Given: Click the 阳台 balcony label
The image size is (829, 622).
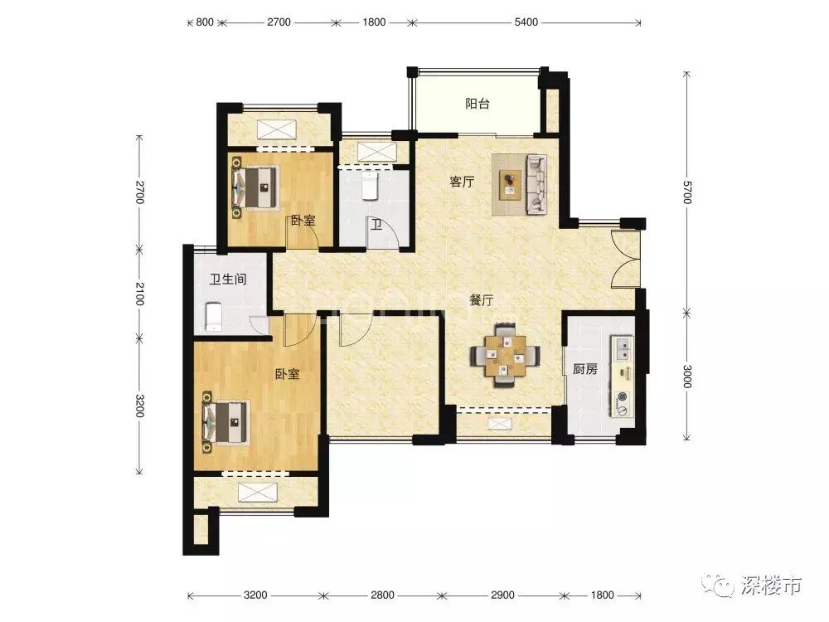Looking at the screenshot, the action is (x=477, y=103).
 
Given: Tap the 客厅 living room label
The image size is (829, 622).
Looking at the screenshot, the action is (x=462, y=182).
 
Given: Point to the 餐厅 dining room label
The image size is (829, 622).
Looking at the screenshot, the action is (x=481, y=300).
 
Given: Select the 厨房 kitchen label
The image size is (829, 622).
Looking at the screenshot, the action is (x=584, y=369).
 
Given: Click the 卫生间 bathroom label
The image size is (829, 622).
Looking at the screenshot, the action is (x=228, y=279).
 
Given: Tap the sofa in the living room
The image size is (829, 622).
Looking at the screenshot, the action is (x=536, y=185).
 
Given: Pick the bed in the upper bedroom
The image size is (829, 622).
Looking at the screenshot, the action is (x=255, y=185).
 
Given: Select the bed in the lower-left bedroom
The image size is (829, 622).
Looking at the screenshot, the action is (x=225, y=421).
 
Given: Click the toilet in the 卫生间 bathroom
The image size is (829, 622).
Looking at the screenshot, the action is (x=213, y=317).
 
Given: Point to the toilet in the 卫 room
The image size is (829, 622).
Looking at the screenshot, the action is (x=370, y=186).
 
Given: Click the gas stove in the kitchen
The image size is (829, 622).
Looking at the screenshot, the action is (x=623, y=402).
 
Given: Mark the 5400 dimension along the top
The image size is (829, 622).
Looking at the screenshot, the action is (x=526, y=22).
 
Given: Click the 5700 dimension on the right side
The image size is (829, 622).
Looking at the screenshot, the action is (x=686, y=192).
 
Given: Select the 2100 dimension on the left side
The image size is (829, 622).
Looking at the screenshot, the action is (x=139, y=294).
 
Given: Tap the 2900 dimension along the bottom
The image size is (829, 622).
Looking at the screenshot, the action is (x=502, y=595).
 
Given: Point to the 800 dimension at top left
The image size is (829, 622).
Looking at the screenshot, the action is (x=205, y=22).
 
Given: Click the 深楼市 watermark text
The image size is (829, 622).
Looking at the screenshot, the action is (x=770, y=586).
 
